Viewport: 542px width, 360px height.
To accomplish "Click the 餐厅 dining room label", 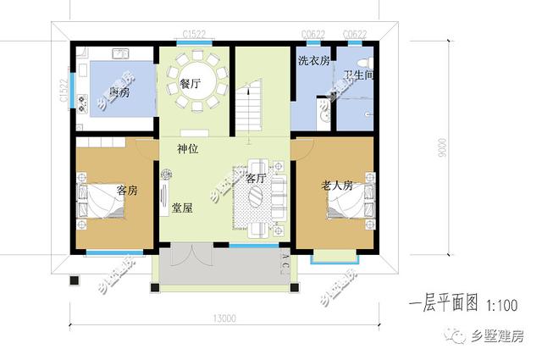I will click(190, 84).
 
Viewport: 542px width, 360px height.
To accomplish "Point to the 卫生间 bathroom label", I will click(359, 75).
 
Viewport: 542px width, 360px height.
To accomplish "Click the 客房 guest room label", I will click(127, 190).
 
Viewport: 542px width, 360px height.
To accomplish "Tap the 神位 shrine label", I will click(188, 149).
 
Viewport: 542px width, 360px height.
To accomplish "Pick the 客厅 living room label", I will click(256, 179).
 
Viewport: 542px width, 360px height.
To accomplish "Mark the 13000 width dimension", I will click(224, 318).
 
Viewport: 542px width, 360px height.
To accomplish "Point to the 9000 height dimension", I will click(443, 153).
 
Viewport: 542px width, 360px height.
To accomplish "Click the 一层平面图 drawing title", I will click(443, 303).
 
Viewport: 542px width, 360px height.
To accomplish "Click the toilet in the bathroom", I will click(362, 62).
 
